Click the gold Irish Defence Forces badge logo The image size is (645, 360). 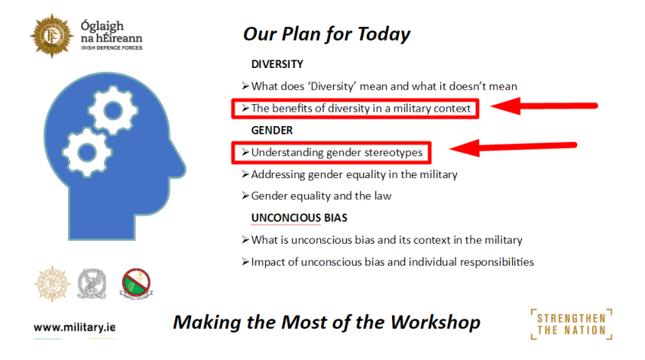tap(52, 35)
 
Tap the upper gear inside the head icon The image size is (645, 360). tap(113, 110)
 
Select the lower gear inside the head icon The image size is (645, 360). tap(87, 152)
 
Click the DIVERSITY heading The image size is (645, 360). tap(277, 64)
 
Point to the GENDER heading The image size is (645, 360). tap(272, 131)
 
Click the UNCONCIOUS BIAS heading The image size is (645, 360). tap(299, 218)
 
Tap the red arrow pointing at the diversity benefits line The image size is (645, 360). tap(544, 106)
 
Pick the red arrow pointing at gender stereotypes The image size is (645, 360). tap(513, 147)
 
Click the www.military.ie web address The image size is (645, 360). tap(75, 328)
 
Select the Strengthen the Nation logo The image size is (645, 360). tap(572, 325)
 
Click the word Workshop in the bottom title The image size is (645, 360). tap(435, 322)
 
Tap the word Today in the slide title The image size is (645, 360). tap(384, 35)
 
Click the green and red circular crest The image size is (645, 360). tap(136, 284)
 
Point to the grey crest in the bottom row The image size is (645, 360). tap(91, 284)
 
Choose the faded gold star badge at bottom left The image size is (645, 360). tap(52, 284)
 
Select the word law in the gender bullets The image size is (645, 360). tap(383, 196)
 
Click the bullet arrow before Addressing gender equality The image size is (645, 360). tap(245, 174)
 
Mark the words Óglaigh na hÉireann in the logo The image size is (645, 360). tap(112, 32)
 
